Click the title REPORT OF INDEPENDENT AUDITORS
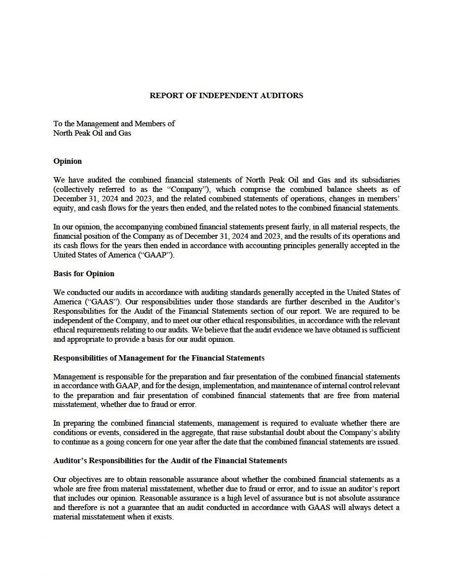click(x=226, y=96)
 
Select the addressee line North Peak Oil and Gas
click(x=92, y=133)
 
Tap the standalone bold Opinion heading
click(x=68, y=161)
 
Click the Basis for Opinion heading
click(x=84, y=274)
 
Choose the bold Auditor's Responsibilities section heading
click(x=170, y=461)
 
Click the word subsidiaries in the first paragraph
click(x=377, y=180)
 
